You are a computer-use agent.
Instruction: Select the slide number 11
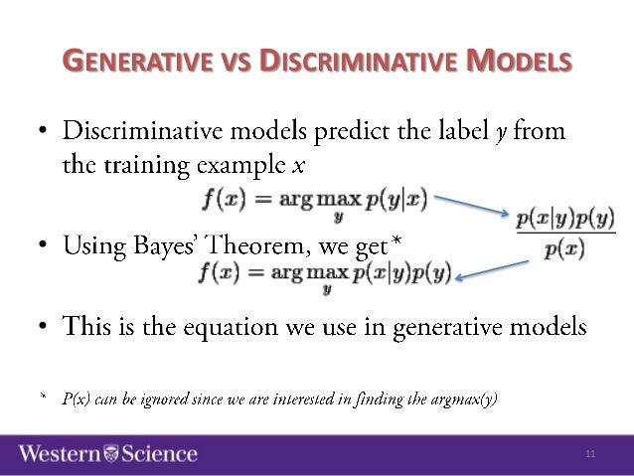tap(590, 454)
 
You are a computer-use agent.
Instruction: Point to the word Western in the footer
tap(59, 454)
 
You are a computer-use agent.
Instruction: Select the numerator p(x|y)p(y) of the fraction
tap(564, 217)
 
